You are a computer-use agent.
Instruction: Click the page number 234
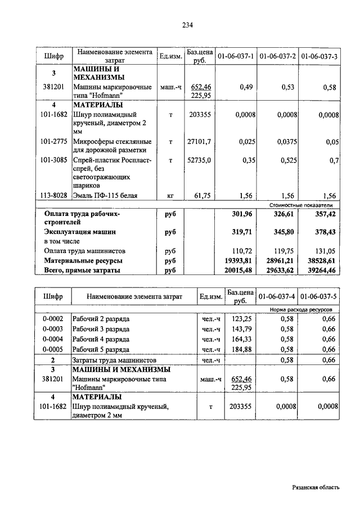tap(188, 25)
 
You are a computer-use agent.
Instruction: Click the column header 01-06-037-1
tap(236, 56)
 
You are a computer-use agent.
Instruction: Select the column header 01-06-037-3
tap(319, 56)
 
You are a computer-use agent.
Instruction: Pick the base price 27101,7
tap(199, 142)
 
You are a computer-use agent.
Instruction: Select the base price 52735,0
tap(199, 160)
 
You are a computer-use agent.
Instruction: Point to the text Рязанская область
tap(316, 488)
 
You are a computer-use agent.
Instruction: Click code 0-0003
tap(53, 329)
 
